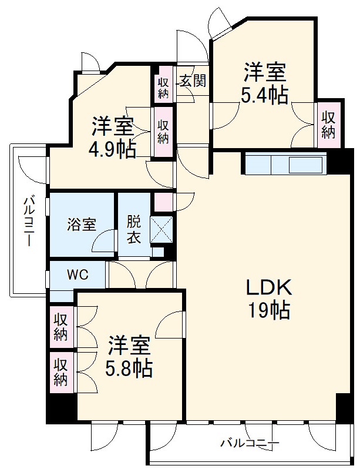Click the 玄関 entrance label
tap(193, 80)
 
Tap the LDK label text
tap(268, 288)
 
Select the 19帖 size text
tap(268, 310)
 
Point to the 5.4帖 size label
tap(264, 95)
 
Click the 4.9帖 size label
tap(112, 149)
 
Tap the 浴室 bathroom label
tap(81, 225)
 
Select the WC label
tap(78, 274)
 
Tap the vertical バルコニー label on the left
tap(29, 222)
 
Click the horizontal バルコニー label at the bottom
tap(250, 443)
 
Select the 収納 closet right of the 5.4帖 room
tap(329, 125)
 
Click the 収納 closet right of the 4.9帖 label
tap(163, 132)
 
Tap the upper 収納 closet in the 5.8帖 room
tap(61, 327)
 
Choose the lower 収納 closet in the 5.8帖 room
tap(61, 373)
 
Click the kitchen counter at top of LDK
tap(285, 163)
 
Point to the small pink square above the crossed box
tap(163, 202)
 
